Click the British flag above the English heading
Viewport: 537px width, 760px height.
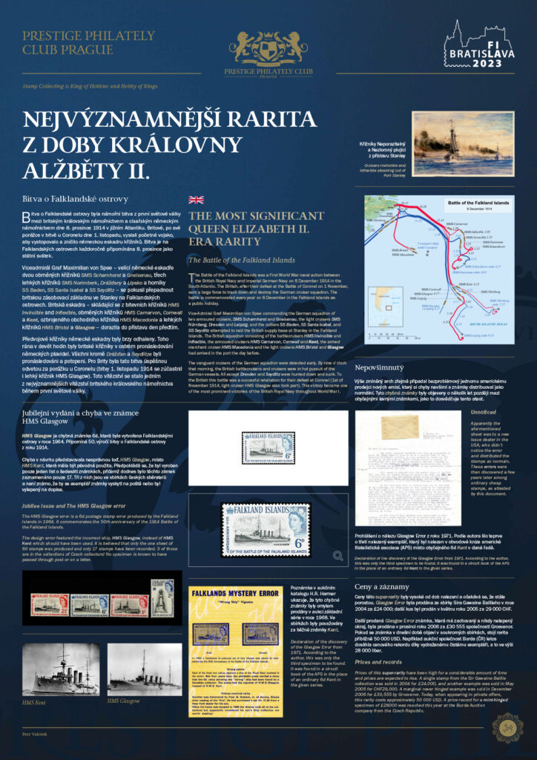(196, 200)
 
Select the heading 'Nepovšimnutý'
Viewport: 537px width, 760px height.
(380, 367)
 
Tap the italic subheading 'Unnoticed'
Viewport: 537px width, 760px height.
(484, 411)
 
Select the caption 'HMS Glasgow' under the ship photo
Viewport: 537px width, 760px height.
(124, 700)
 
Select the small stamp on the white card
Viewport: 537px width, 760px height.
(270, 445)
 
